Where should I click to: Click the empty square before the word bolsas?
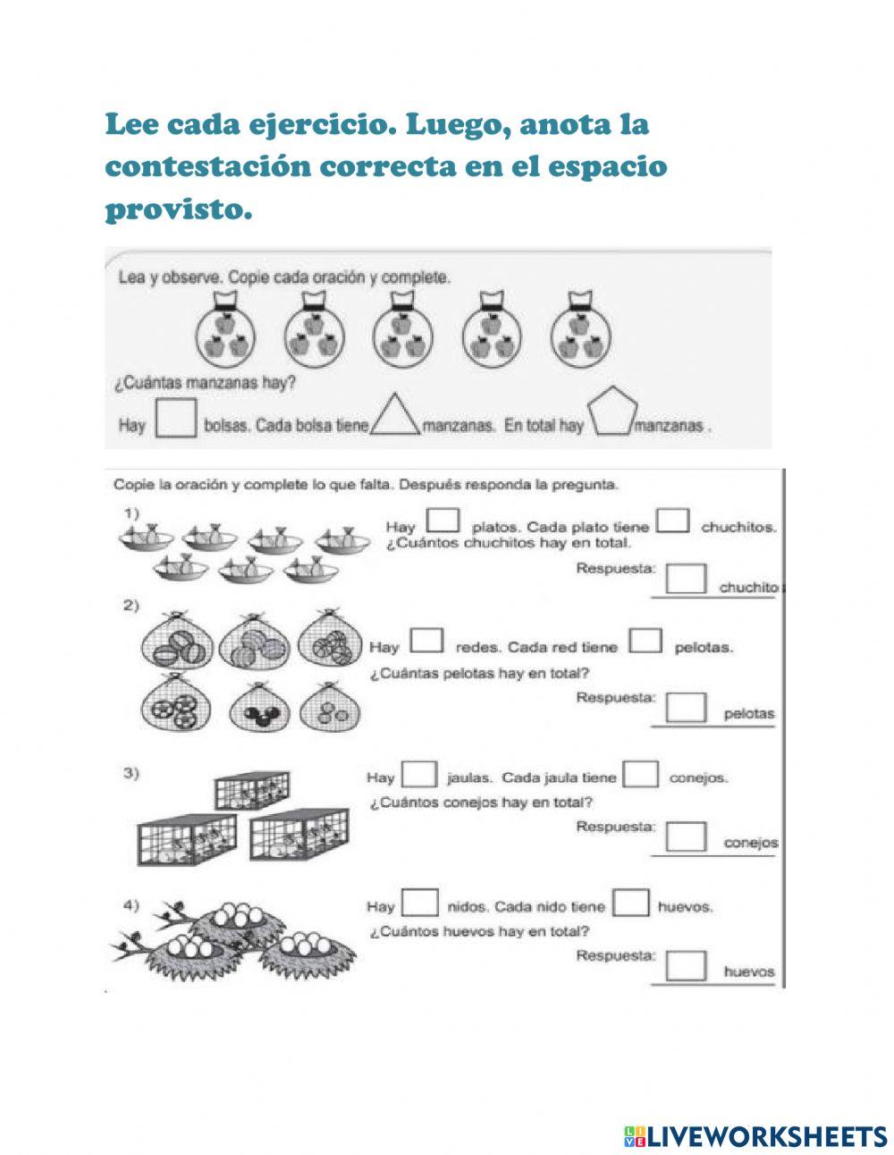(x=176, y=418)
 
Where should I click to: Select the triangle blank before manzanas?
(x=395, y=417)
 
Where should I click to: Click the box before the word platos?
(x=443, y=521)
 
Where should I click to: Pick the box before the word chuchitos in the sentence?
(x=673, y=521)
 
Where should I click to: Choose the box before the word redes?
(x=426, y=641)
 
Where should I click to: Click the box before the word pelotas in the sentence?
(x=645, y=641)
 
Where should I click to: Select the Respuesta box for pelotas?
(x=687, y=707)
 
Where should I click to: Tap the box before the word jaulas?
(x=419, y=773)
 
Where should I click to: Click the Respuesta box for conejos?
(x=687, y=836)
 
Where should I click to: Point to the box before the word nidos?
(x=419, y=902)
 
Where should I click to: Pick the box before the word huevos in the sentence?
(x=632, y=902)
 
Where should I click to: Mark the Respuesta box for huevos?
(x=687, y=965)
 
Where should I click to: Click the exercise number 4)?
(x=131, y=906)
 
